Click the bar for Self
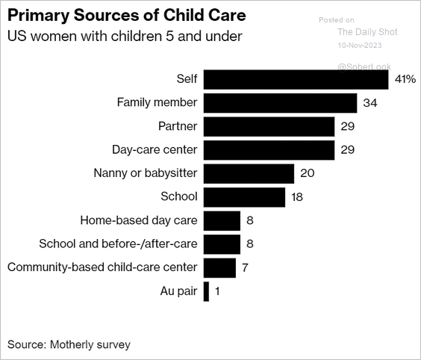pyautogui.click(x=296, y=79)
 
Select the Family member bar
pyautogui.click(x=281, y=103)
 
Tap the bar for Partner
pyautogui.click(x=269, y=126)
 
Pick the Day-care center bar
pyautogui.click(x=269, y=150)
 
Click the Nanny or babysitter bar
pyautogui.click(x=249, y=173)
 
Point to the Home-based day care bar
pyautogui.click(x=222, y=221)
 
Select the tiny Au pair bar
pyautogui.click(x=206, y=291)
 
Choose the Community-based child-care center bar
pyautogui.click(x=219, y=268)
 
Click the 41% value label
pyautogui.click(x=405, y=79)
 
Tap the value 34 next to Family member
pyautogui.click(x=370, y=103)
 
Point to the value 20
pyautogui.click(x=307, y=173)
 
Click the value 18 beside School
pyautogui.click(x=297, y=197)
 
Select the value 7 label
pyautogui.click(x=245, y=267)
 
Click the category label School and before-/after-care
pyautogui.click(x=118, y=243)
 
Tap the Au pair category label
pyautogui.click(x=178, y=291)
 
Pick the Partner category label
pyautogui.click(x=178, y=126)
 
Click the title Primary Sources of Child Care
pyautogui.click(x=127, y=15)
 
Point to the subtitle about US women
pyautogui.click(x=125, y=36)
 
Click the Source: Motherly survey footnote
pyautogui.click(x=69, y=344)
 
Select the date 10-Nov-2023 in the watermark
pyautogui.click(x=360, y=45)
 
